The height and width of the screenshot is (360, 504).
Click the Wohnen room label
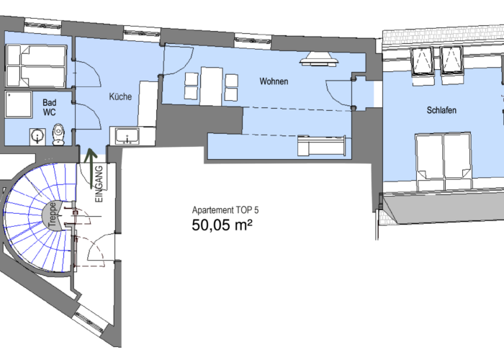[274, 81]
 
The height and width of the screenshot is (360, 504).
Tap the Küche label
[120, 96]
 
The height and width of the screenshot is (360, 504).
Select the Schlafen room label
[441, 110]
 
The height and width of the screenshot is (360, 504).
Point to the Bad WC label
[50, 107]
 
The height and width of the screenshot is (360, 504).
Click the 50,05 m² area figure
[222, 225]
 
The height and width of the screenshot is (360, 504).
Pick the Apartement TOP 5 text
[225, 210]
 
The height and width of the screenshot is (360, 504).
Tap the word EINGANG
[99, 184]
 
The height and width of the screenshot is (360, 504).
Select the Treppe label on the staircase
[53, 215]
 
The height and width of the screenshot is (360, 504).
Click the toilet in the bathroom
[58, 135]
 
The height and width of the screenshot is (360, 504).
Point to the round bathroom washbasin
[38, 136]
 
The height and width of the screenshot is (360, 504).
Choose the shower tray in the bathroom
[19, 104]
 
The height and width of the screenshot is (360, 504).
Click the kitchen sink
[127, 136]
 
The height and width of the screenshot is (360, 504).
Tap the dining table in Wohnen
[212, 86]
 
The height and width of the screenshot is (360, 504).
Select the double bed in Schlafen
[444, 162]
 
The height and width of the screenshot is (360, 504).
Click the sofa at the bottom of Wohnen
[322, 145]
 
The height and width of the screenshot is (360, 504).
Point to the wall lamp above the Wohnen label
[319, 59]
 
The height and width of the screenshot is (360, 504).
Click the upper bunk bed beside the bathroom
[36, 55]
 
